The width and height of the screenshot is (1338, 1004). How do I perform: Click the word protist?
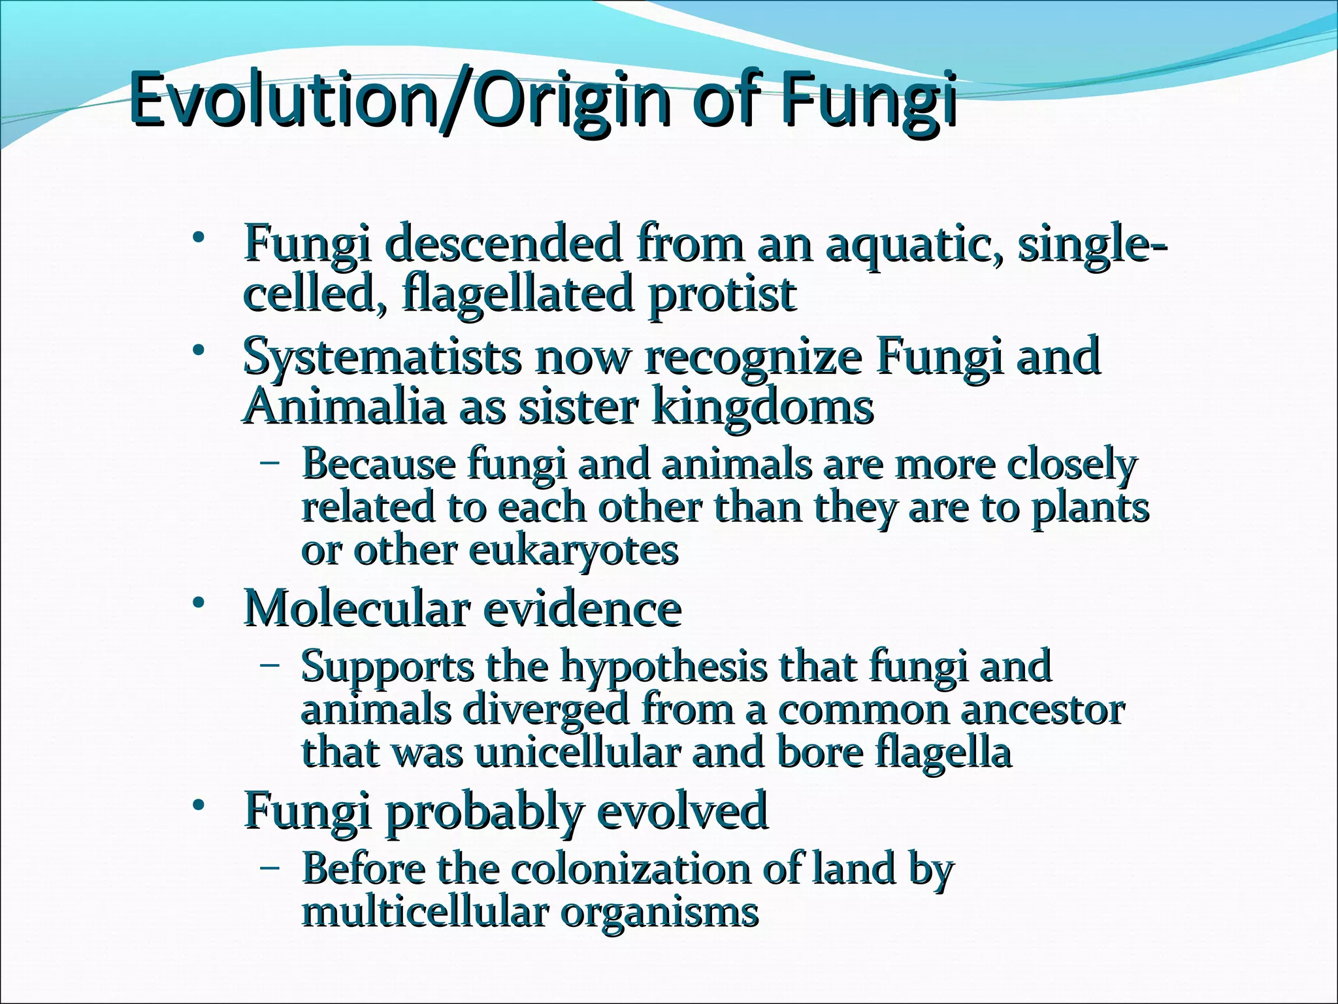pos(722,293)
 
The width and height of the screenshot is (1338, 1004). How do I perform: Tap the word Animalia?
pos(344,407)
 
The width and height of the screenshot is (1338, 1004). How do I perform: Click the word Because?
pos(378,465)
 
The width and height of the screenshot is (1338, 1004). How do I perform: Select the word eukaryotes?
pos(573,550)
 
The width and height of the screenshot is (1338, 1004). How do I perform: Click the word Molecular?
pos(356,609)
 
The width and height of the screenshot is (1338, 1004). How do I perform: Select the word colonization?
pos(630,869)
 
